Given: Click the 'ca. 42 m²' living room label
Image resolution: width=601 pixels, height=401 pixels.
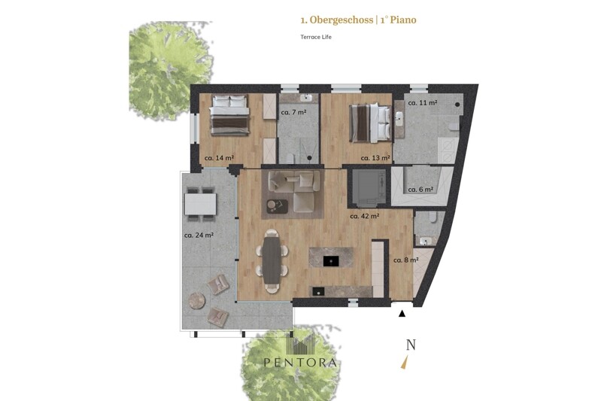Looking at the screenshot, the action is pos(365,216).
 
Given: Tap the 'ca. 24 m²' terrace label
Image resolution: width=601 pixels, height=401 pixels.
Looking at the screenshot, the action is pos(199,235).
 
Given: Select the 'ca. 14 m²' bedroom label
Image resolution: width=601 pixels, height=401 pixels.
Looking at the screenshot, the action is pos(219,157).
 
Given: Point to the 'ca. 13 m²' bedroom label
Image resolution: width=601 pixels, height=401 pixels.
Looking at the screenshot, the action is pos(375,157).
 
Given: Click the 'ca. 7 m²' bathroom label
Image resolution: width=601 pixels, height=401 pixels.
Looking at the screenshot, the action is pos(293,112).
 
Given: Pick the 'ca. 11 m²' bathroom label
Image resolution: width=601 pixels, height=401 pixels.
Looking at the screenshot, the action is pos(423,103).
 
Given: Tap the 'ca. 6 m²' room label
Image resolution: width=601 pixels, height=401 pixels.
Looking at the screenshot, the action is pos(420,190).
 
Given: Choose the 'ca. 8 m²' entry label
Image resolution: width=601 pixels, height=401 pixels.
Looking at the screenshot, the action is pos(406,260).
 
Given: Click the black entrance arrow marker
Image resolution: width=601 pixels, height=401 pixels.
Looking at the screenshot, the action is pos(402,314).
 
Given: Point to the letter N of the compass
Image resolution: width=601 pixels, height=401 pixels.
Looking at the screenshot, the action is pos(411,345).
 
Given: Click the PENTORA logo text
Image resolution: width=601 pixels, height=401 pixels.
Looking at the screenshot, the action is pos(300,363).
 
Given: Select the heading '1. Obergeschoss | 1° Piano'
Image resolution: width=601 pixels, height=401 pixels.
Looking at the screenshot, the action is pos(358,20).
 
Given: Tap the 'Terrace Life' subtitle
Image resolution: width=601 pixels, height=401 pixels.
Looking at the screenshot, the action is pos(316,37).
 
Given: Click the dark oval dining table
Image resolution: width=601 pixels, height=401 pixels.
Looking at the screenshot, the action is pos(272,261).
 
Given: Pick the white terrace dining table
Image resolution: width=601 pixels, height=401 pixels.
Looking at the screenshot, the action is pos(201,204).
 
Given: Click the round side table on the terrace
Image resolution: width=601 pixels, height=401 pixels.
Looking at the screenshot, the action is pos(197,301).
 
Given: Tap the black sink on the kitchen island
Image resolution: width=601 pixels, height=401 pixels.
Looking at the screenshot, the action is pos(331,261).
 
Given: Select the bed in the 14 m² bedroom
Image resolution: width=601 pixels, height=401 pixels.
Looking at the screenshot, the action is pos(229,114).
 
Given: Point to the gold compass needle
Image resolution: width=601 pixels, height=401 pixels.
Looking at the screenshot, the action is pos(405,363).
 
